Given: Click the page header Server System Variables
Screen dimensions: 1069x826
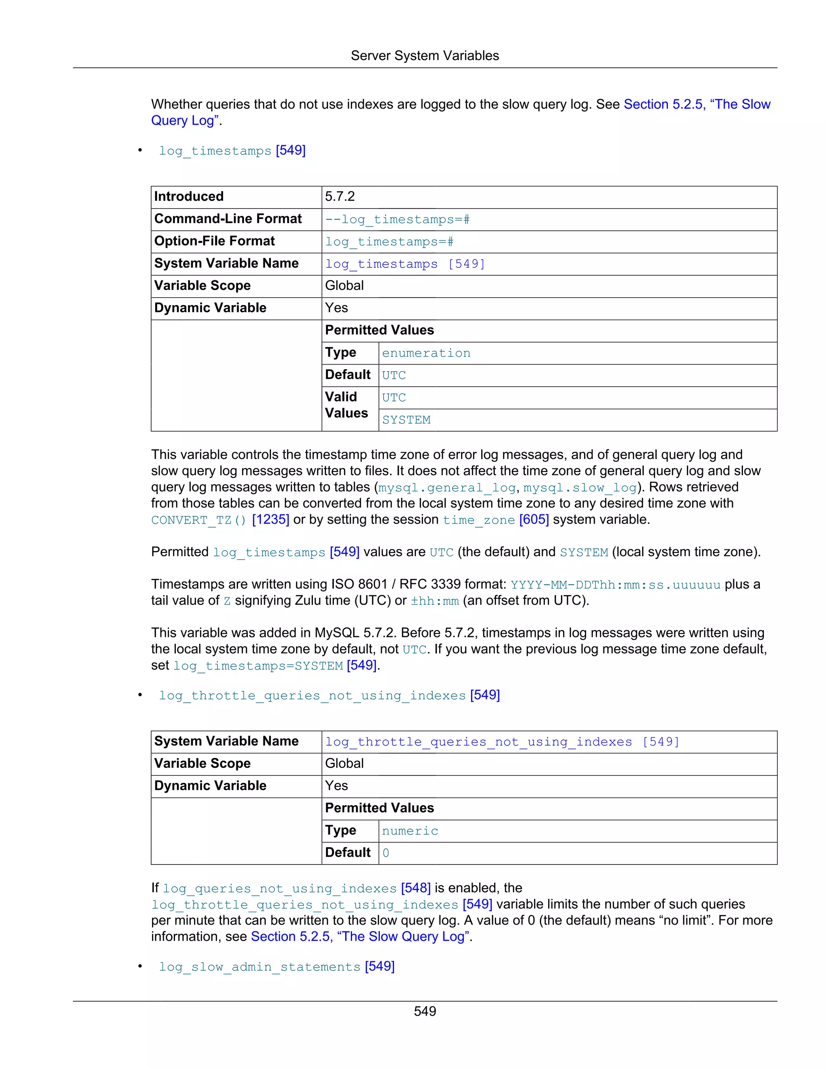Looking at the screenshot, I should click(x=424, y=56).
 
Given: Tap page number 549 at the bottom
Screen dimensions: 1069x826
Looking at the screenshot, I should click(x=424, y=1011).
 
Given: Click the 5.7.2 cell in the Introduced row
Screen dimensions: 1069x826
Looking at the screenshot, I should click(x=340, y=197).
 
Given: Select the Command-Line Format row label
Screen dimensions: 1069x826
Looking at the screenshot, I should click(x=227, y=219).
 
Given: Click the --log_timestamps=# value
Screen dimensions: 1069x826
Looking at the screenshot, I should click(x=397, y=220).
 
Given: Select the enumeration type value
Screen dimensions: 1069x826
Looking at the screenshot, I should click(x=426, y=353).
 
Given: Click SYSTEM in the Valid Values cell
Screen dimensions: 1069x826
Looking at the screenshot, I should click(x=406, y=420).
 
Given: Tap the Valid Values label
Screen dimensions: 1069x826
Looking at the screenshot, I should click(x=346, y=405).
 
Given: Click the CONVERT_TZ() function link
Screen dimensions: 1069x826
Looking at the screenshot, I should click(x=198, y=520).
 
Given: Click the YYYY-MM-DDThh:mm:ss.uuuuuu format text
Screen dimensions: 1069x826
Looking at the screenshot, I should click(x=615, y=585).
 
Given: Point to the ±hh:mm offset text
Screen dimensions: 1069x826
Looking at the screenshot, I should click(x=434, y=601).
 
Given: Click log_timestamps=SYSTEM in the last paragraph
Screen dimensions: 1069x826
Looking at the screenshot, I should click(x=258, y=666).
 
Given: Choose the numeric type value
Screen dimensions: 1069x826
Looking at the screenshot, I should click(x=410, y=831).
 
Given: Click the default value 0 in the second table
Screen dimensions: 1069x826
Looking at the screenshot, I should click(x=386, y=853).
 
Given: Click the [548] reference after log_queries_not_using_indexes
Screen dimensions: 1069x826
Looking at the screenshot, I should click(x=415, y=888).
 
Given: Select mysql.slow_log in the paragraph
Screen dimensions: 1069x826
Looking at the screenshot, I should click(x=580, y=488).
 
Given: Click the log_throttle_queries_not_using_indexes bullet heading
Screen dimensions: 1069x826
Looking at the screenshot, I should click(x=312, y=696).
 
